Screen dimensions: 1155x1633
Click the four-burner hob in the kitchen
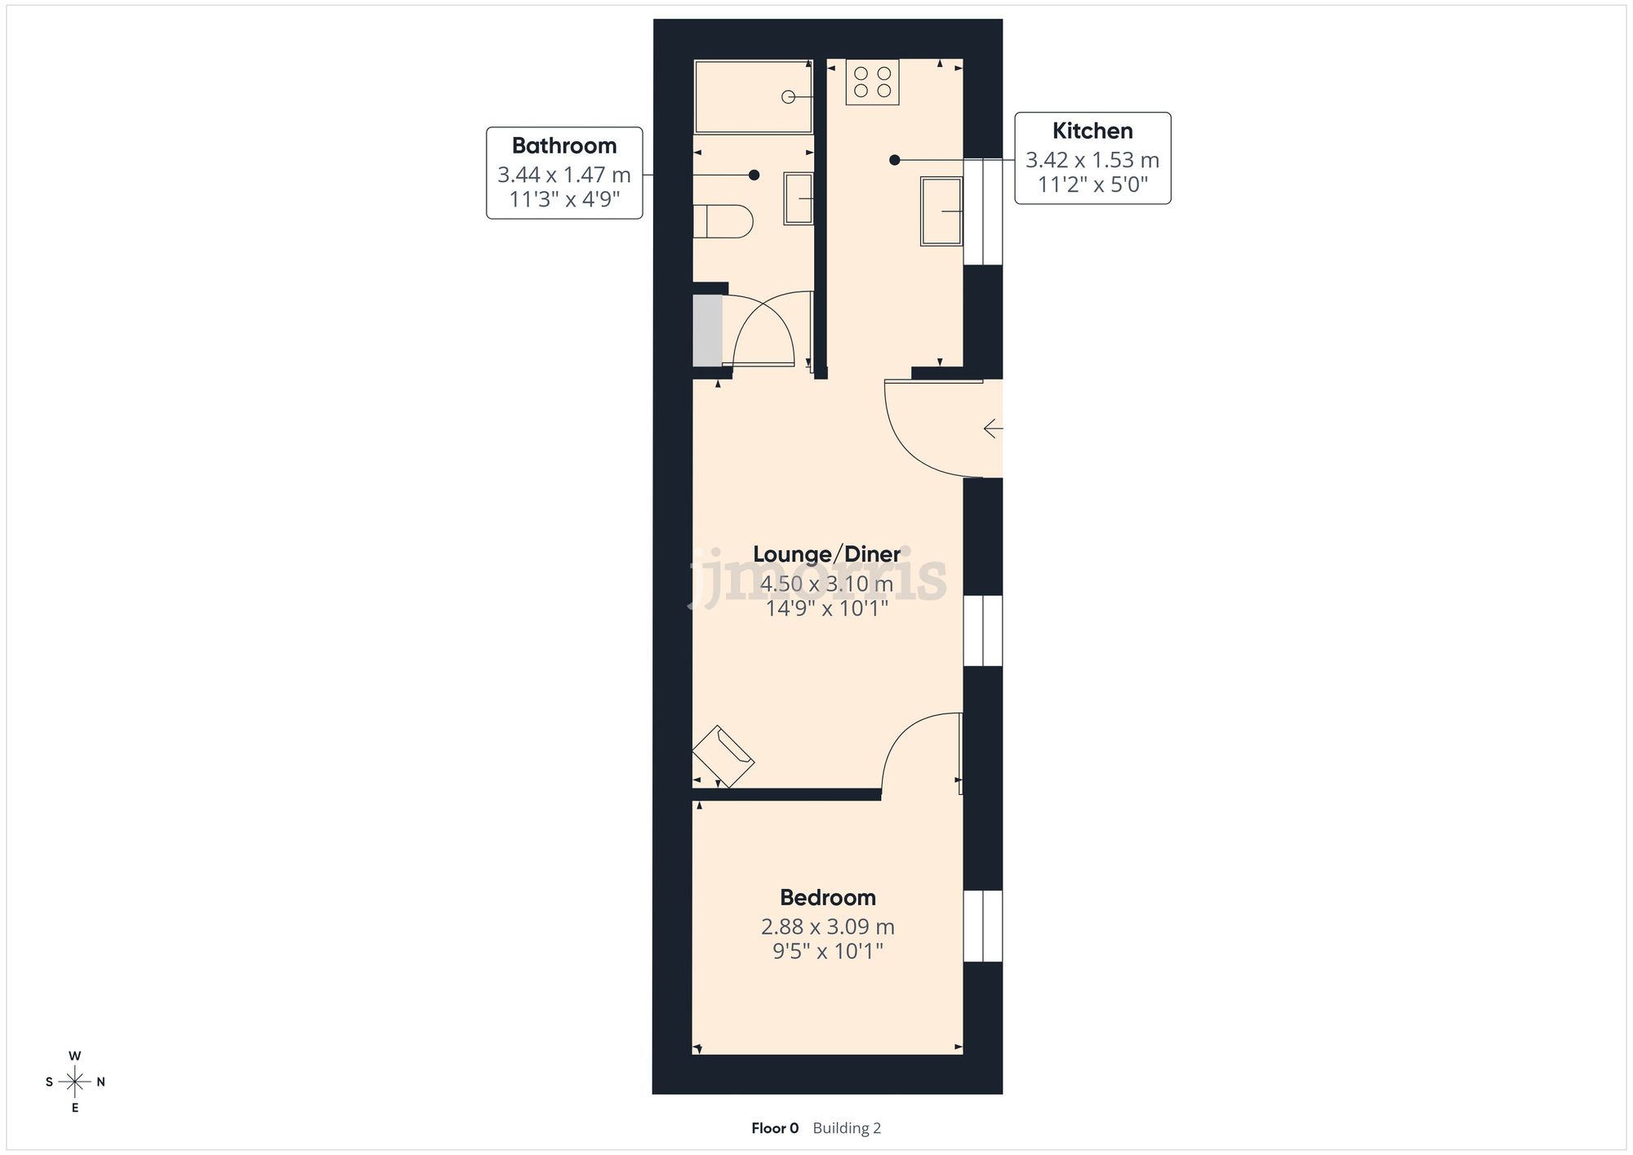pos(872,82)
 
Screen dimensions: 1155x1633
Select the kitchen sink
pos(941,211)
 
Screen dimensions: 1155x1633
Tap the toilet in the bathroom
pos(722,221)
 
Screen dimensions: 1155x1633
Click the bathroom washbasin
pos(799,198)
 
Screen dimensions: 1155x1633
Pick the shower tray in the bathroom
pos(753,96)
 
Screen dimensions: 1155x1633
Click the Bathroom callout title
pos(564,146)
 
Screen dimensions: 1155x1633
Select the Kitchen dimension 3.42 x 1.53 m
pos(1092,160)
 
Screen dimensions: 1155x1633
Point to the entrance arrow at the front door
pos(993,429)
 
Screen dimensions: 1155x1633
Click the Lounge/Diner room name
pos(826,554)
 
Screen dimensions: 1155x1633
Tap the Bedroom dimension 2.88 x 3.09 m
pos(827,927)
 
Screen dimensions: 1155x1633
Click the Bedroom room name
pos(827,898)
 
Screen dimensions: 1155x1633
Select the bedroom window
pos(982,926)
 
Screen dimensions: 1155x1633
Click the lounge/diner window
pos(982,631)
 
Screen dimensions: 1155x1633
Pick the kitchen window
pos(982,211)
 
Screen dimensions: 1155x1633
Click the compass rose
pos(75,1082)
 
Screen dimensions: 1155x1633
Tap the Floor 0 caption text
pos(775,1128)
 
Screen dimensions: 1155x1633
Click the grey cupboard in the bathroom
pos(707,331)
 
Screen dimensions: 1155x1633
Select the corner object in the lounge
pos(723,756)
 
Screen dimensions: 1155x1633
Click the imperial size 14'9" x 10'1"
pos(826,609)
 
